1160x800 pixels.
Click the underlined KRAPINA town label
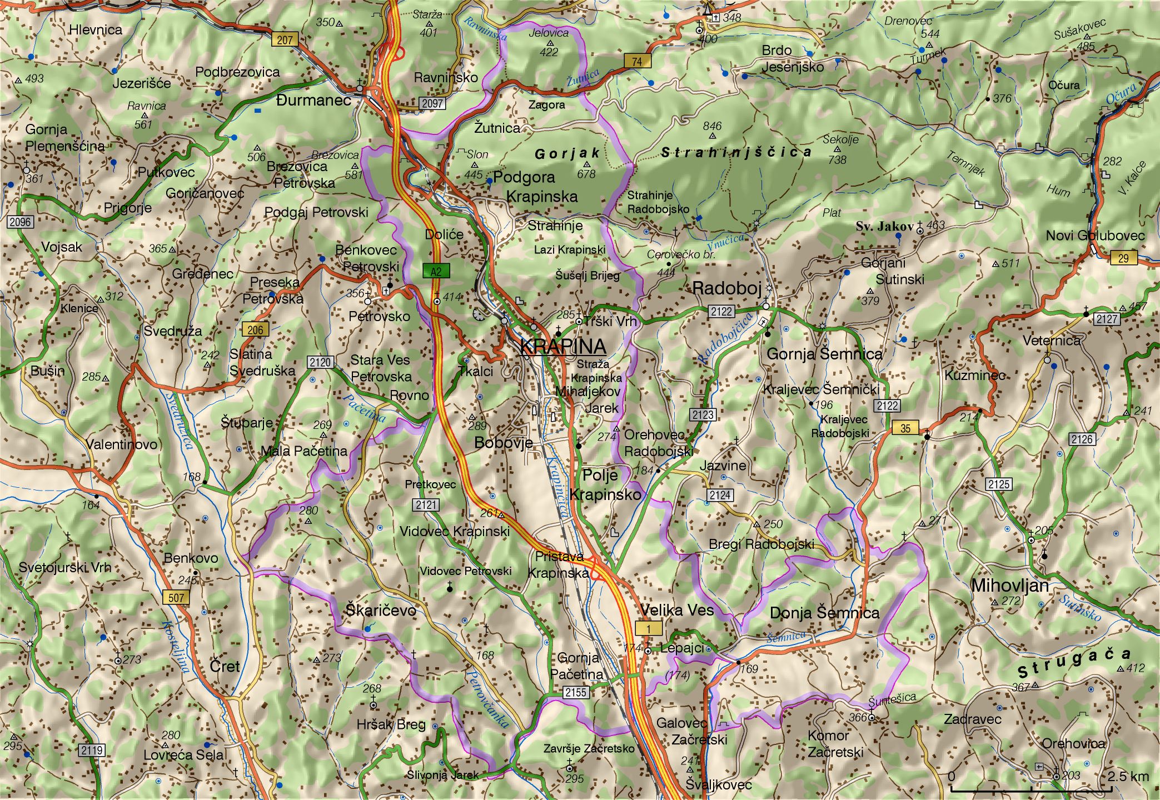[x=562, y=346]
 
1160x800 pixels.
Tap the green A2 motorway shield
[x=436, y=271]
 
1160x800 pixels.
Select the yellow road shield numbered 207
[x=285, y=39]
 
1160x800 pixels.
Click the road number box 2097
[x=432, y=103]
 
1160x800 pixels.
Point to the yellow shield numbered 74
[x=637, y=61]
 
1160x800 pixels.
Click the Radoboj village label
[x=726, y=288]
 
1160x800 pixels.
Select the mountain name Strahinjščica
[x=736, y=152]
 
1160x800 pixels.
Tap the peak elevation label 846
[x=712, y=126]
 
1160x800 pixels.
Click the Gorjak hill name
[x=567, y=153]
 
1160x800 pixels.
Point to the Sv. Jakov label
[x=884, y=226]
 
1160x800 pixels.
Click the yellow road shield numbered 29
[x=1123, y=258]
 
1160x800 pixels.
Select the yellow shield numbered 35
[x=905, y=428]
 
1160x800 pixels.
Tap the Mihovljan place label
[x=1010, y=586]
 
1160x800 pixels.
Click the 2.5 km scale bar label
[x=1127, y=776]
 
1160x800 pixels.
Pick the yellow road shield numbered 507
[x=176, y=598]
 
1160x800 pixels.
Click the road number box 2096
[x=21, y=222]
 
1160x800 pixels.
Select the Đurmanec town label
[x=313, y=100]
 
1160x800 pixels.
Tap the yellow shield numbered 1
[x=649, y=628]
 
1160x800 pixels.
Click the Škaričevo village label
[x=381, y=610]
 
